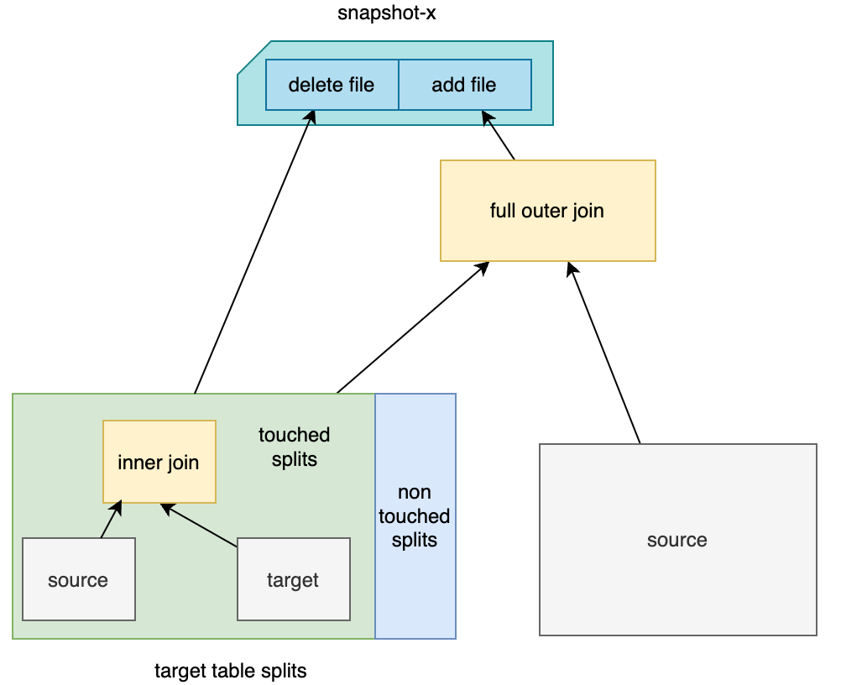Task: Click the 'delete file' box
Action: click(x=332, y=85)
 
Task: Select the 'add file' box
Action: click(x=464, y=85)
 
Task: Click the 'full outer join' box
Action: click(x=547, y=211)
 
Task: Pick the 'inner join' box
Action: click(x=159, y=462)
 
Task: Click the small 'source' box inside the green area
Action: click(x=78, y=580)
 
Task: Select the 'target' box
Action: click(x=293, y=580)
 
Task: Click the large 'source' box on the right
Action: click(x=677, y=540)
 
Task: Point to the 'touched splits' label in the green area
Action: click(x=294, y=447)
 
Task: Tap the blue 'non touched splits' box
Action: click(x=415, y=515)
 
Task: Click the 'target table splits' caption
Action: click(x=231, y=671)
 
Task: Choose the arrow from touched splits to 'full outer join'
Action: click(x=411, y=329)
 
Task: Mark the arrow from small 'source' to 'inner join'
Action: click(x=111, y=520)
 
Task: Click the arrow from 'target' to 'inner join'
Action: click(x=201, y=526)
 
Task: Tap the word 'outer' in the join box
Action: click(x=546, y=211)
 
